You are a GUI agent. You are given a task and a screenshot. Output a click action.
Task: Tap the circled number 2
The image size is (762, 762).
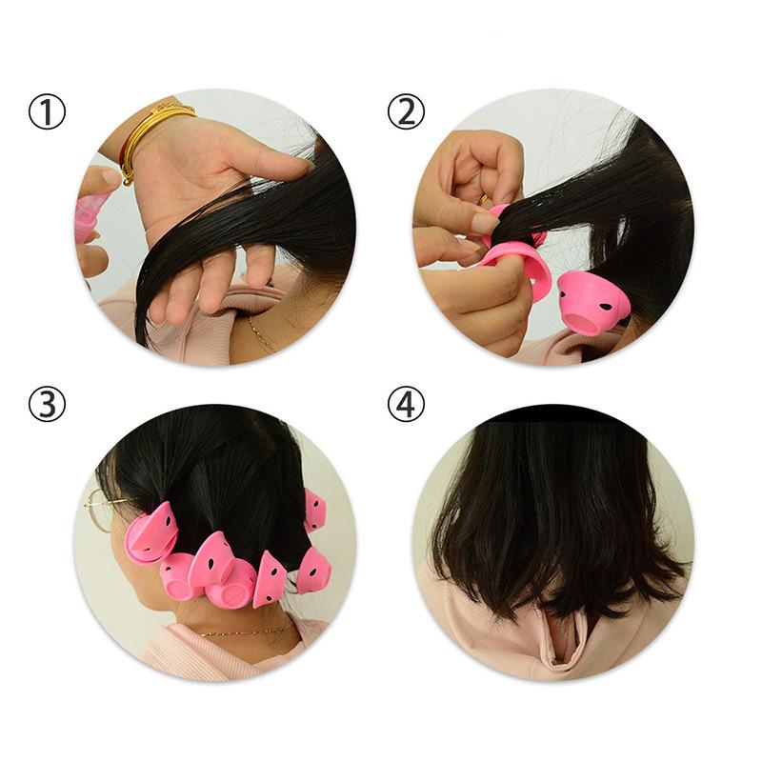pos(406,113)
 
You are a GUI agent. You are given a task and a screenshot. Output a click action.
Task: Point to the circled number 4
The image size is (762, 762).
pos(406,405)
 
